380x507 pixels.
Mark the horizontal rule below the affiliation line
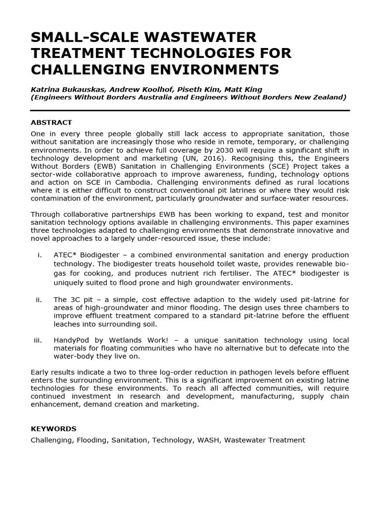pyautogui.click(x=190, y=110)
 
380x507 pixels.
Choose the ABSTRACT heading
pyautogui.click(x=51, y=122)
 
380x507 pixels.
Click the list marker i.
pyautogui.click(x=39, y=255)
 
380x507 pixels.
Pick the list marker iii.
pyautogui.click(x=37, y=340)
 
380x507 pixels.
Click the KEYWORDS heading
pyautogui.click(x=53, y=428)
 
